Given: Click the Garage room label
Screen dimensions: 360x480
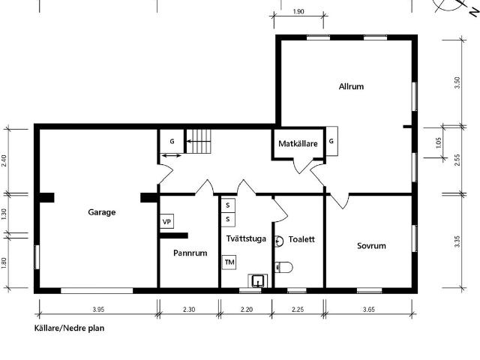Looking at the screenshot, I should [x=102, y=212].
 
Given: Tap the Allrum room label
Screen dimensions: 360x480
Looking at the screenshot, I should [x=351, y=86].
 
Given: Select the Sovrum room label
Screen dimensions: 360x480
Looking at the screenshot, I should [x=371, y=245].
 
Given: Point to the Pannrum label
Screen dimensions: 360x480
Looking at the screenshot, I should [x=189, y=253].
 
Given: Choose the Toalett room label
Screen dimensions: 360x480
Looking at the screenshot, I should [x=301, y=240].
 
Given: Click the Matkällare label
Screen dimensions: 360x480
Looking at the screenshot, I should [x=298, y=142].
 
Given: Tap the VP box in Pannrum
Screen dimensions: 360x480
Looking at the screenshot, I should [x=166, y=222].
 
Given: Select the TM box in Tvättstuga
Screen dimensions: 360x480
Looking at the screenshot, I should [x=229, y=262].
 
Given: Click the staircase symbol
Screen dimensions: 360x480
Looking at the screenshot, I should [x=199, y=140].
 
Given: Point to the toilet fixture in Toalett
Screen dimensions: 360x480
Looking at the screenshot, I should [x=283, y=266].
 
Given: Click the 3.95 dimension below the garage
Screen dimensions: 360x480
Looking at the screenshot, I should [x=97, y=310].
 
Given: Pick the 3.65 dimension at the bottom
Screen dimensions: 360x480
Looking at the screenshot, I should [x=369, y=310].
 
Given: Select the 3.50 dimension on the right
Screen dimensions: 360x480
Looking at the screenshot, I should [x=457, y=82].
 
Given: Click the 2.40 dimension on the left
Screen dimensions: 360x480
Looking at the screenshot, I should [x=4, y=160].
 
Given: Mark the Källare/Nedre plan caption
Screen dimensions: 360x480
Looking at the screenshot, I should [x=69, y=328].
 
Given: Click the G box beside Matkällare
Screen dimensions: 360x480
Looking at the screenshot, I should [x=331, y=140].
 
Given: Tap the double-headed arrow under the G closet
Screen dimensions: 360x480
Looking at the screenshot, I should [x=170, y=156].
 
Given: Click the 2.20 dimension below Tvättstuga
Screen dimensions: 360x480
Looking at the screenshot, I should [x=246, y=310].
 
